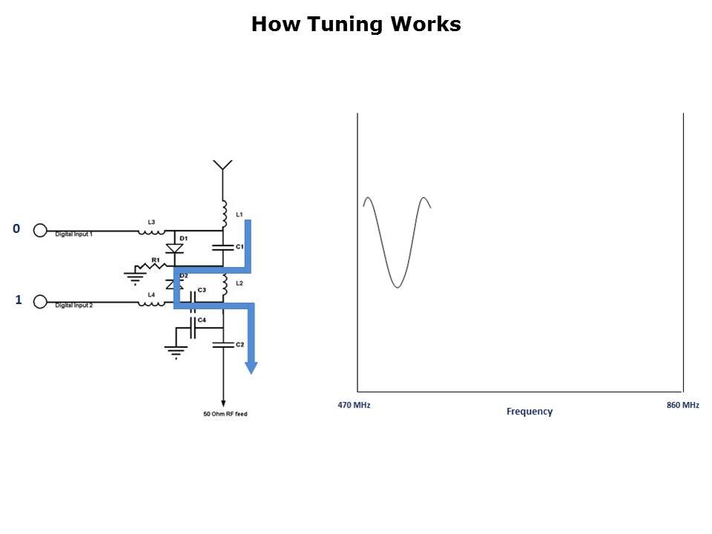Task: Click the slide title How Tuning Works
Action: coord(356,24)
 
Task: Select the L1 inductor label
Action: coord(239,214)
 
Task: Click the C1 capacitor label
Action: coord(240,245)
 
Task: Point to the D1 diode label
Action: coord(183,238)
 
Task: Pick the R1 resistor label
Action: coord(156,260)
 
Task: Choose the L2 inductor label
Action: coord(239,283)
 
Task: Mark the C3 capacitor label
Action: coord(202,290)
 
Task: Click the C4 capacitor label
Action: coord(202,320)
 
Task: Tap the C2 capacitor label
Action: coord(240,345)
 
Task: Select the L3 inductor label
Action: coord(151,222)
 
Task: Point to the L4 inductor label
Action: coord(151,294)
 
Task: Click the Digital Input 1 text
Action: coord(74,234)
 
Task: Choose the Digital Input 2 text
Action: coord(74,306)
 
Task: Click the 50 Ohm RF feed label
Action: coord(225,414)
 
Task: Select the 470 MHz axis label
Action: coord(354,405)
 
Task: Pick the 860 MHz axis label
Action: coord(682,405)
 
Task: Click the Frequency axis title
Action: coord(530,411)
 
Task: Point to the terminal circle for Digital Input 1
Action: coord(41,231)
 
